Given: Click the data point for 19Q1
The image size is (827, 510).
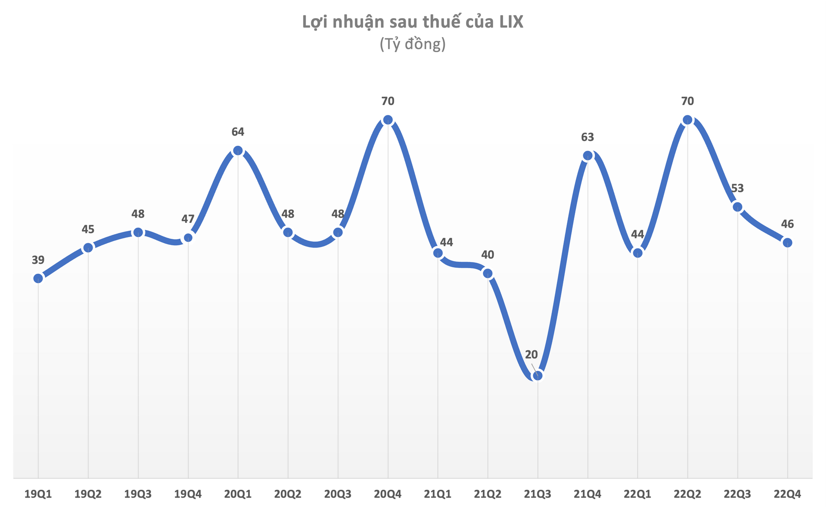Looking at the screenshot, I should point(38,278).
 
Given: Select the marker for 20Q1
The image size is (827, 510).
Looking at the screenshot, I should point(238,150).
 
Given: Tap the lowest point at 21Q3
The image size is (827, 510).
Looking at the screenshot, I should point(538,375).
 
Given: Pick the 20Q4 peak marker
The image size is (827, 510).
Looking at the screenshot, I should point(388,120).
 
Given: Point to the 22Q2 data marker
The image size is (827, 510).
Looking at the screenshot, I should point(687,120).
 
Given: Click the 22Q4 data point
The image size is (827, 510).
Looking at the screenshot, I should point(787,242).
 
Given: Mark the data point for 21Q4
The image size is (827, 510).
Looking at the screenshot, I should point(588,156).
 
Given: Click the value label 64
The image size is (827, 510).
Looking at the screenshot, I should point(238,132).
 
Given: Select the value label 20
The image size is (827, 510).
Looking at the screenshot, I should point(532,355).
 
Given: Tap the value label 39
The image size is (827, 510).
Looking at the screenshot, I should point(38,260).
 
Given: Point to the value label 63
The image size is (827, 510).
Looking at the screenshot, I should point(588,137).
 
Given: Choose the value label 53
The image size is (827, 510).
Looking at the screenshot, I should point(737,188).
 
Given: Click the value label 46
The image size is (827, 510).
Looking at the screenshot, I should point(787,224).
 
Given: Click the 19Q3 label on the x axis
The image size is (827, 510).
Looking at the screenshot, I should point(138,494).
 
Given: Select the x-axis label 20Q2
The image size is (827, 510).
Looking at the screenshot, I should point(288,494).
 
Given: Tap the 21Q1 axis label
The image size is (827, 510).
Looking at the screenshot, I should point(438,494).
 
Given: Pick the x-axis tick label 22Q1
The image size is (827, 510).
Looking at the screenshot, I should point(637,494).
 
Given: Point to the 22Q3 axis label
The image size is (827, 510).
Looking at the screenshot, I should point(737,494).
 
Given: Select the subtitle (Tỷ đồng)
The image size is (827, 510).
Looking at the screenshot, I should point(413,44).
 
